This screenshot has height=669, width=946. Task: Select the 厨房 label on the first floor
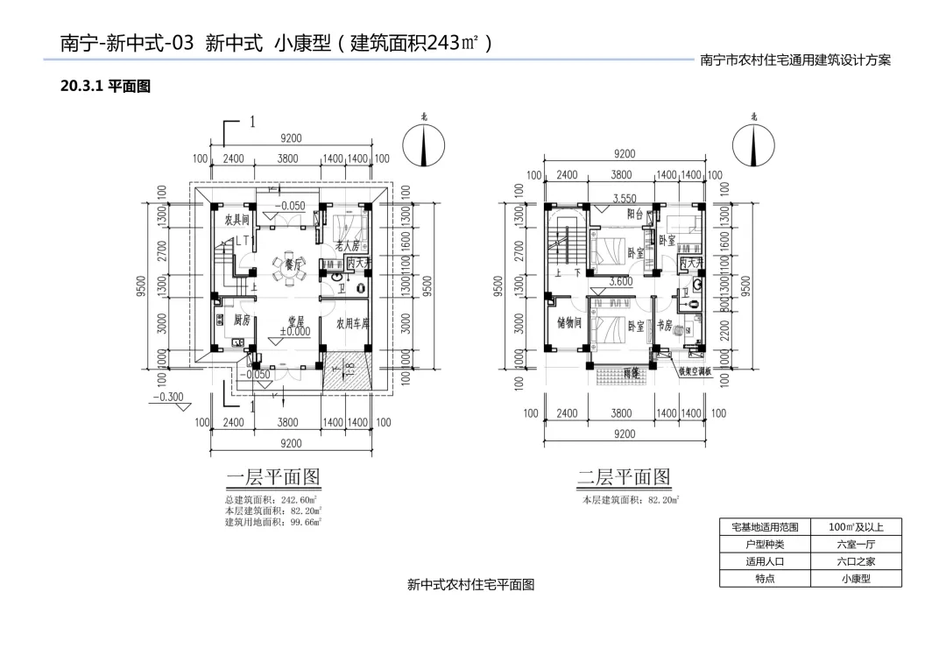(243, 320)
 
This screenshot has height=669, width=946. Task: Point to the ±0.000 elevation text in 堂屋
(295, 333)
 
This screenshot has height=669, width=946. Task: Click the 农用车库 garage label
(353, 322)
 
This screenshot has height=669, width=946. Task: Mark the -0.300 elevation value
(168, 397)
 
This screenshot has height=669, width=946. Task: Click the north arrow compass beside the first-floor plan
(424, 144)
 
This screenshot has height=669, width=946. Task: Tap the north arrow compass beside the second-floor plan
(754, 144)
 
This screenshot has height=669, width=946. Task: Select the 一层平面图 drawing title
(273, 477)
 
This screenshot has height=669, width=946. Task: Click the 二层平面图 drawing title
(624, 477)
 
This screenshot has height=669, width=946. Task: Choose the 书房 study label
(664, 325)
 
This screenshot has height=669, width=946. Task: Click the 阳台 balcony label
(637, 214)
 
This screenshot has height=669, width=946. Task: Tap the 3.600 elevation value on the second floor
(620, 282)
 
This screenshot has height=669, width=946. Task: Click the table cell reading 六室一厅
(856, 544)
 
